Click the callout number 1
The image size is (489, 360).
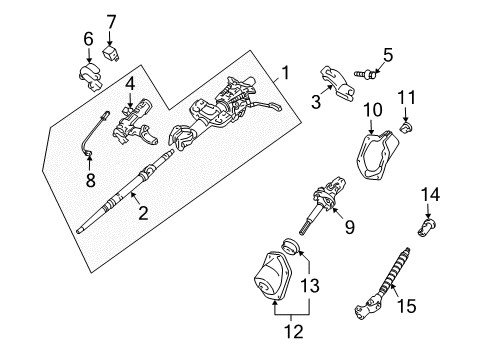coord(286,72)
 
